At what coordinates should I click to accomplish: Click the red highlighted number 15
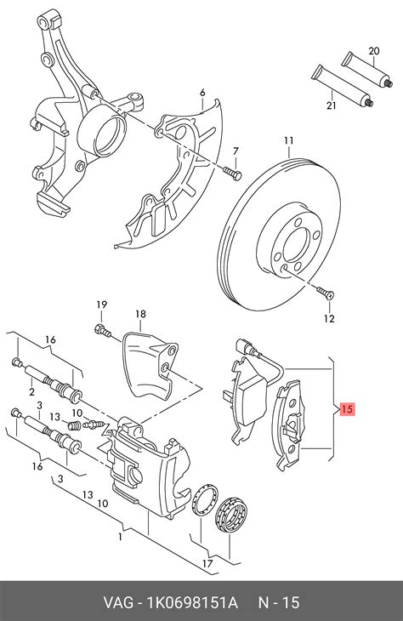point(347,408)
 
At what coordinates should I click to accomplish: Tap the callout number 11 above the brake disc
point(288,140)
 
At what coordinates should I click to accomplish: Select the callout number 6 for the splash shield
point(202,93)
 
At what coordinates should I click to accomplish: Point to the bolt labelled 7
point(232,174)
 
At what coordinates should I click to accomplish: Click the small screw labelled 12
point(326,293)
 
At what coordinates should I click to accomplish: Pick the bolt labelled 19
point(102,330)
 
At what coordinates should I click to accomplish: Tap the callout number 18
point(140,314)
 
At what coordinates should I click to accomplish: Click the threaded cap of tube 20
point(389,83)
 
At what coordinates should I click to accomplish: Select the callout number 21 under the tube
point(331,105)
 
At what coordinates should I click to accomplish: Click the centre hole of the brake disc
point(295,245)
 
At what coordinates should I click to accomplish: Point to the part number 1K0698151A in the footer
point(192,603)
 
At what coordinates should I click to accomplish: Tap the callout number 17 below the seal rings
point(207,563)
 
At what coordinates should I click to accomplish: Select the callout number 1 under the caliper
point(120,537)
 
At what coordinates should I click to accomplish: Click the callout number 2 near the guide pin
point(31,392)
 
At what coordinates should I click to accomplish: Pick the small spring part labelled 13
point(75,425)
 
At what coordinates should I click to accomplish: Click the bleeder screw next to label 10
point(93,424)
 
